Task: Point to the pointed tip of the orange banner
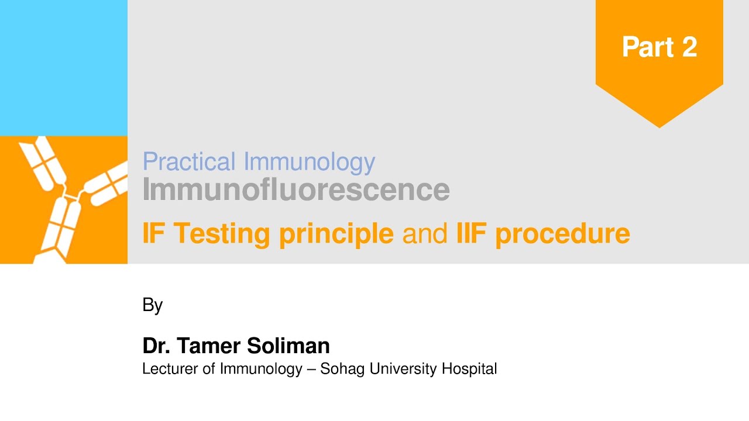coord(659,127)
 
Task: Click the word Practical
coord(189,162)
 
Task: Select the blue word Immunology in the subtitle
coord(309,162)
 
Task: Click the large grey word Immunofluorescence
coord(296,189)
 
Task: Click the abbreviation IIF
coord(471,233)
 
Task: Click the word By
coord(152,305)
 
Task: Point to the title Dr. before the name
coord(156,346)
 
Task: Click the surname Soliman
coord(288,346)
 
